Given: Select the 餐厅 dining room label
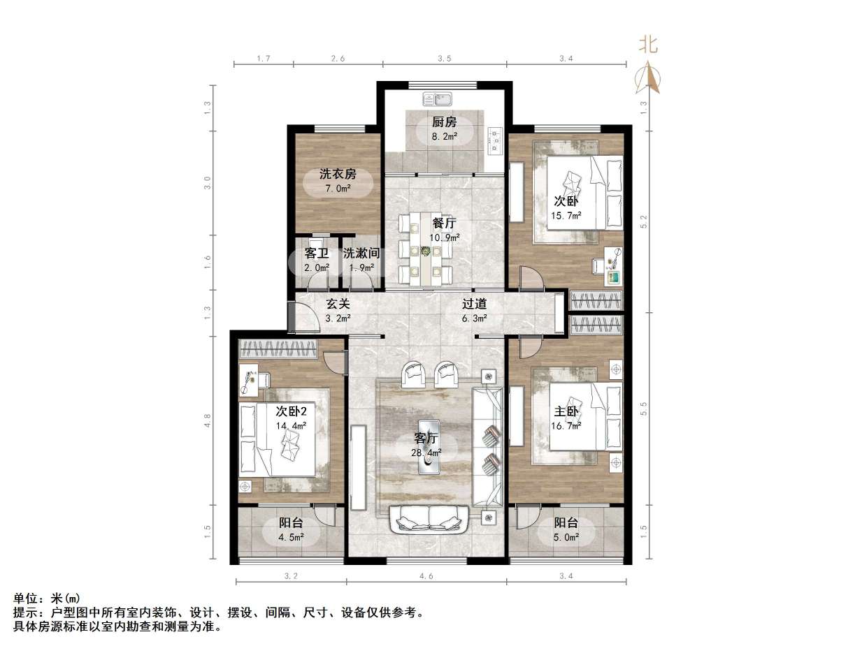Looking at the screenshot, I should coord(444,223).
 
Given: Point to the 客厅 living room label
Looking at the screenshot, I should coord(426,439).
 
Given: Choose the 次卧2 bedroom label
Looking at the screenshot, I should coord(292,411).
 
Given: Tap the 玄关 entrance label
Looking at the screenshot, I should coord(338,304).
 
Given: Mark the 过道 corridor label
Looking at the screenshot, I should coord(474,304).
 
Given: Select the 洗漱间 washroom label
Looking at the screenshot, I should coord(361,253).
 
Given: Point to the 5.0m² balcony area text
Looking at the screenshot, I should coord(566,537).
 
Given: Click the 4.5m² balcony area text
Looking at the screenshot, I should coord(291,537).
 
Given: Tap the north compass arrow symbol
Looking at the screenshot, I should coord(648,77).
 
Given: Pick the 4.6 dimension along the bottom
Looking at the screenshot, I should coord(426,576).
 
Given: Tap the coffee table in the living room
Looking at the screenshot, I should coord(429,446).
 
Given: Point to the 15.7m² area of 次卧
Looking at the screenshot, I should coord(566,215).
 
